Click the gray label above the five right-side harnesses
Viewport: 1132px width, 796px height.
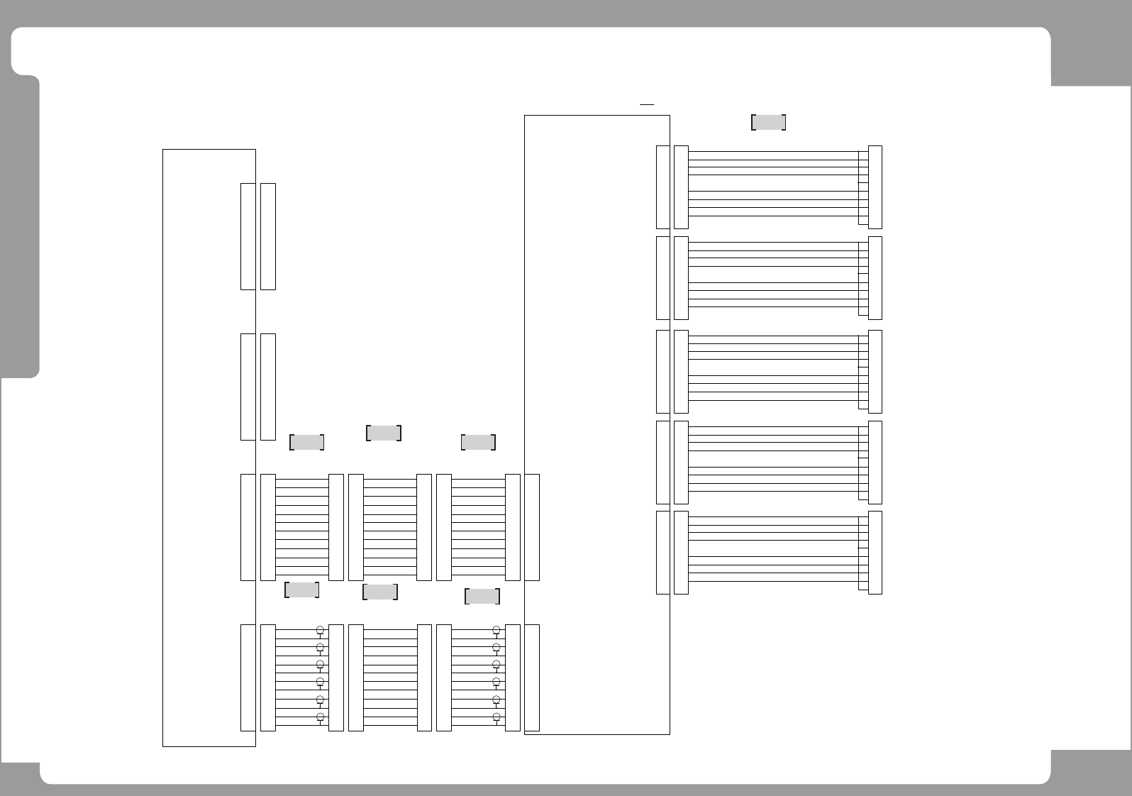[x=768, y=122]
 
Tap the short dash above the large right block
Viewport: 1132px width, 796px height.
[x=646, y=104]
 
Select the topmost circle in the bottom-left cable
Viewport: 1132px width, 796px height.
[x=320, y=630]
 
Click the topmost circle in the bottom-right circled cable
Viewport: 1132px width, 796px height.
[x=496, y=630]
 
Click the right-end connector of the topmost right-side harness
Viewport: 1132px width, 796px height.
[x=875, y=187]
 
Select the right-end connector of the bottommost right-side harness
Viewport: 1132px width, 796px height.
[x=875, y=552]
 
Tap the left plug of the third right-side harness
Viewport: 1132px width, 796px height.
[x=681, y=371]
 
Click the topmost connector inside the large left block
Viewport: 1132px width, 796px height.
[x=248, y=236]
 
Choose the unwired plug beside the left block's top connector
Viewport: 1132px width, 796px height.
[x=268, y=236]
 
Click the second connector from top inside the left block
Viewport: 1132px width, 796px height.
[x=248, y=387]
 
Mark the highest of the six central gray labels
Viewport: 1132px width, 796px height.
[x=384, y=433]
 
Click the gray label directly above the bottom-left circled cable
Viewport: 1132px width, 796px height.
[x=301, y=590]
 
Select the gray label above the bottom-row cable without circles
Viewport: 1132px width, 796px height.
[x=379, y=592]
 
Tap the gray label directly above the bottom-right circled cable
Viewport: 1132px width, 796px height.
[x=482, y=596]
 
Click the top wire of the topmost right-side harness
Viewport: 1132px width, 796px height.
[x=773, y=151]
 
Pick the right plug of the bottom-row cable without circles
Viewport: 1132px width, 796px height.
[x=424, y=678]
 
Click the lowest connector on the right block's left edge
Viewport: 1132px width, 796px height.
[x=532, y=678]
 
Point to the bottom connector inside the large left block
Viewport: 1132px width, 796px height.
[x=248, y=678]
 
